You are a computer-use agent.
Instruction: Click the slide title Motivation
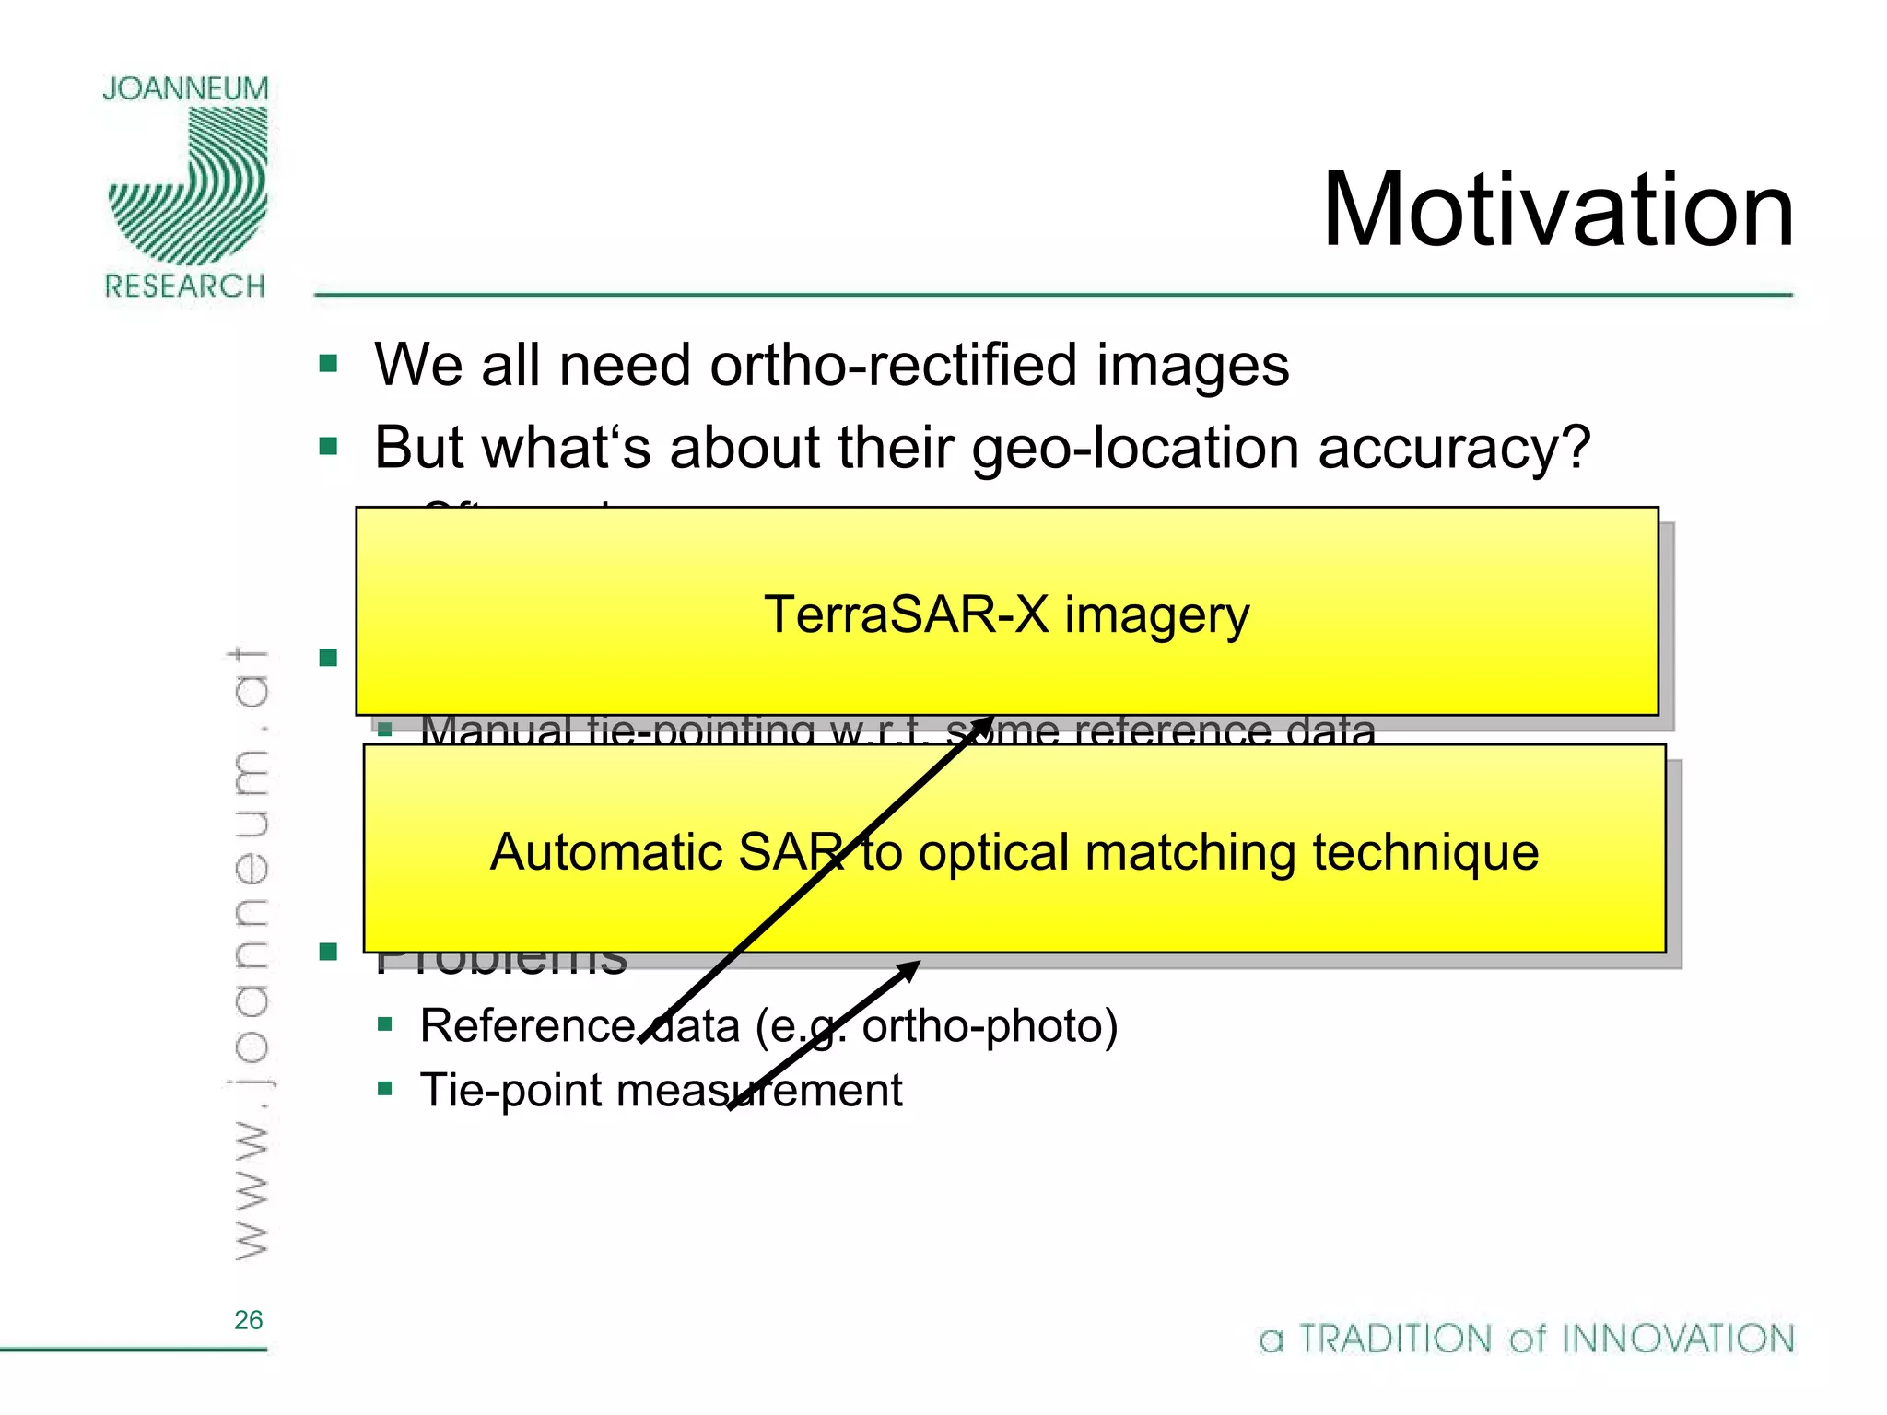[x=1557, y=211]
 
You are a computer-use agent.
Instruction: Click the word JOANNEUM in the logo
[x=185, y=88]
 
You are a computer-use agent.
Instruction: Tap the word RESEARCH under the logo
[x=185, y=287]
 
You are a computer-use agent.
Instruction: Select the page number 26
[x=248, y=1320]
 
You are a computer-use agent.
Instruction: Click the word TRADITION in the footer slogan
[x=1395, y=1339]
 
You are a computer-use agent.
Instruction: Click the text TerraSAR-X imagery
[x=1006, y=614]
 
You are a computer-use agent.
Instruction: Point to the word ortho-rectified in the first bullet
[x=895, y=365]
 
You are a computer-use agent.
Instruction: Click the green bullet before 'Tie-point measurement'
[x=385, y=1090]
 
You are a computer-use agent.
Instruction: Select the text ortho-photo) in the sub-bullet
[x=990, y=1026]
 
